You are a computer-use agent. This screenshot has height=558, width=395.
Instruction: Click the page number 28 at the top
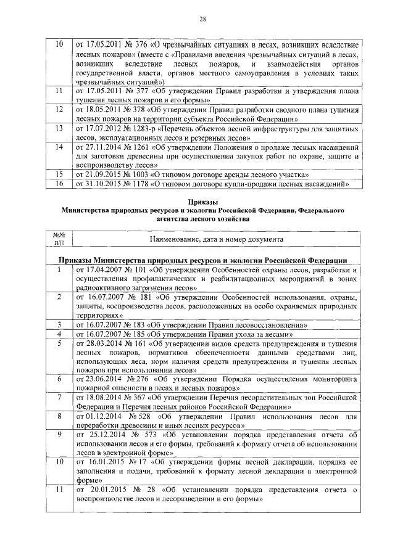point(202,19)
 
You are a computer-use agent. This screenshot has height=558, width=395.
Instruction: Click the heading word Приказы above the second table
point(202,202)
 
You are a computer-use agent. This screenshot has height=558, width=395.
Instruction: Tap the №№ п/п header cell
point(60,239)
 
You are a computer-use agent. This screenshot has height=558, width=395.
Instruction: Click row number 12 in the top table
point(60,109)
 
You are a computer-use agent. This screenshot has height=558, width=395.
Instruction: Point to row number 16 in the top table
point(60,183)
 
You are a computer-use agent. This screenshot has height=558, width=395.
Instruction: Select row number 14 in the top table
point(60,148)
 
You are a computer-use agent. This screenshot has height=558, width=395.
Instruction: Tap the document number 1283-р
point(142,128)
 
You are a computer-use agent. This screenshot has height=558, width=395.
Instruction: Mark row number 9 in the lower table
point(60,435)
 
